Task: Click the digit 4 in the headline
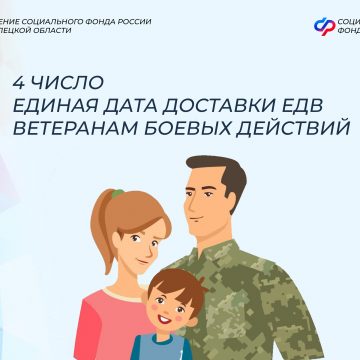pos(17,79)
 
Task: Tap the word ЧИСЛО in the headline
pos(62,79)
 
